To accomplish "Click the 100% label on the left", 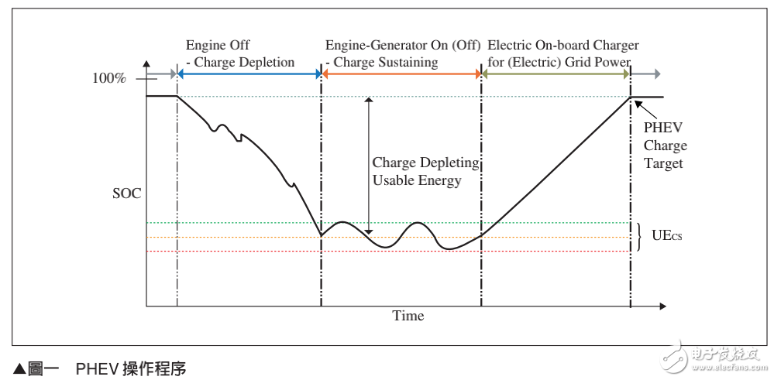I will tap(108, 78).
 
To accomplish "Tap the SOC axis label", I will tap(127, 193).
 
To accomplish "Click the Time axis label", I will tap(408, 316).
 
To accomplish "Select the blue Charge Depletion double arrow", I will tap(249, 74).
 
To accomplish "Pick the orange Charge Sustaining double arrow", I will tap(401, 74).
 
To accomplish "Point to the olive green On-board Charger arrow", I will tap(555, 74).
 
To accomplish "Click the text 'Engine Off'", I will tap(218, 45).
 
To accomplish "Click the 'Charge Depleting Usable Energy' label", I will tap(425, 172).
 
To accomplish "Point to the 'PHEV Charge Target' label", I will tap(665, 145).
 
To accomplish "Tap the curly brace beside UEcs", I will tap(639, 237).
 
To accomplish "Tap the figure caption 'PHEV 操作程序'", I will tap(131, 369).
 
